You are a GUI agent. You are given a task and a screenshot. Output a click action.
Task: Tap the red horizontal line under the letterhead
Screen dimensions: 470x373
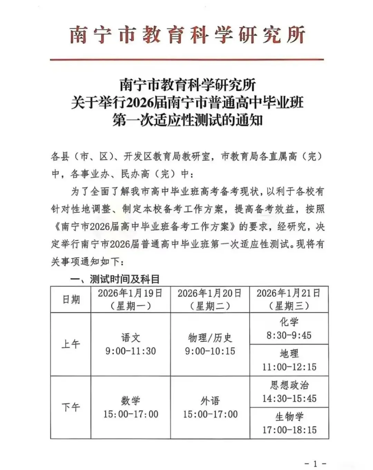(x=186, y=60)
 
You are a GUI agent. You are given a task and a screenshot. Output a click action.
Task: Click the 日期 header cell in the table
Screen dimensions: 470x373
(x=71, y=299)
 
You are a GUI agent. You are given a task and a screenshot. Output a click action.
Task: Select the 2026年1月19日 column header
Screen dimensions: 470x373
(x=130, y=299)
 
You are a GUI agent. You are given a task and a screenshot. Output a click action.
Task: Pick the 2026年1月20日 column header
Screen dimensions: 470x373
(x=210, y=299)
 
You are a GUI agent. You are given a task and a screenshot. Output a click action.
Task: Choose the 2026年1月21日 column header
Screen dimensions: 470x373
(x=289, y=299)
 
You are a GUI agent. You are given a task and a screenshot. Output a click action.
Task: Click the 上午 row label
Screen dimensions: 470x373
(x=71, y=344)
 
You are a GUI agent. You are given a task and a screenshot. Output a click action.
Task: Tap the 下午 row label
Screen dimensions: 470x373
(x=71, y=407)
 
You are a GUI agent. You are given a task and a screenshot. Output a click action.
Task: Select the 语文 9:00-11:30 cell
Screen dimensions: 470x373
(x=131, y=344)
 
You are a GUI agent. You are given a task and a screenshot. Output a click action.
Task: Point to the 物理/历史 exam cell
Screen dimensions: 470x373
(x=210, y=344)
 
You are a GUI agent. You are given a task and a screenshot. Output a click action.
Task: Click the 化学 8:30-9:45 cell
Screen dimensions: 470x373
(x=289, y=328)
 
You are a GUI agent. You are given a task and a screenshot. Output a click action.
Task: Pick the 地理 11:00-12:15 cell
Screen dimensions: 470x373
(x=289, y=360)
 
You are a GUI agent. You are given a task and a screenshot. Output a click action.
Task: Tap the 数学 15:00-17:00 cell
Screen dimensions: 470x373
(x=131, y=407)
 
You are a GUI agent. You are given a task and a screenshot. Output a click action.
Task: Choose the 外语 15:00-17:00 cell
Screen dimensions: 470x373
(x=210, y=407)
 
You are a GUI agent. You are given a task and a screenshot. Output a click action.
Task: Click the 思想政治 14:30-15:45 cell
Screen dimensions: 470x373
(x=289, y=392)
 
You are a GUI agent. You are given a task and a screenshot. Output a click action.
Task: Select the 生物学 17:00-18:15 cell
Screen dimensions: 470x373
(x=289, y=423)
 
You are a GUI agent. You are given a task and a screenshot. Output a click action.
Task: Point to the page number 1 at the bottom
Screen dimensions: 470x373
(x=315, y=463)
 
